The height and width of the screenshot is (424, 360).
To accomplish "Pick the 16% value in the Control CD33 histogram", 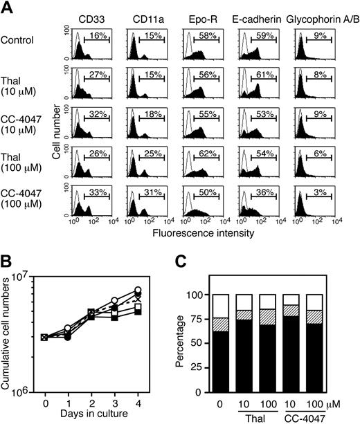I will click(x=96, y=35).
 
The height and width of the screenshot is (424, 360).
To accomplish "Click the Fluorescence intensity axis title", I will click(x=206, y=233).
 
